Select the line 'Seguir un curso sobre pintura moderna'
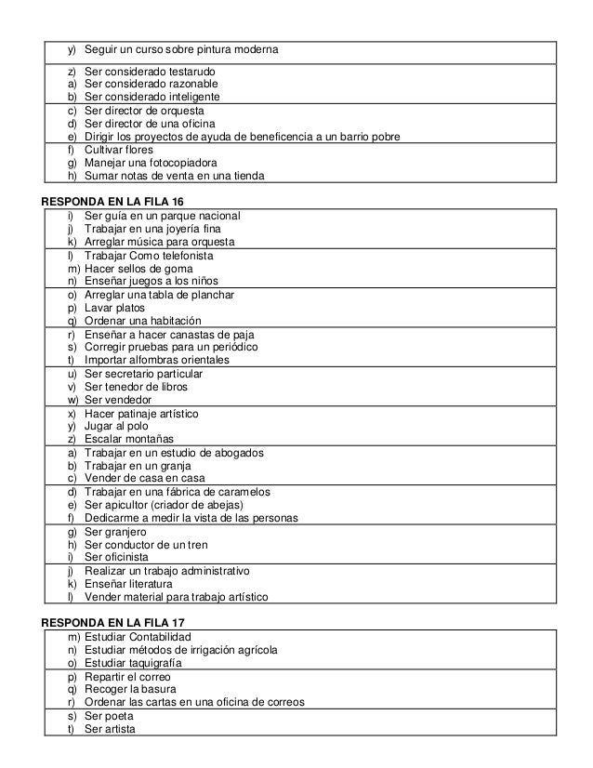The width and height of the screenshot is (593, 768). (180, 48)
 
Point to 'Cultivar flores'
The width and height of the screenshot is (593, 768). (119, 150)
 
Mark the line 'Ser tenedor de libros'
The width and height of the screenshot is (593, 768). (136, 386)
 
